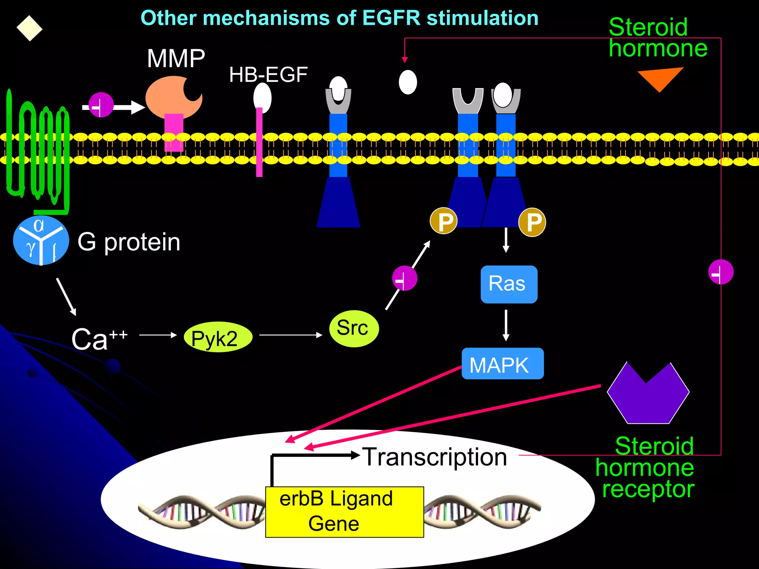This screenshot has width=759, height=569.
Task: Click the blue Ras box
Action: (508, 284)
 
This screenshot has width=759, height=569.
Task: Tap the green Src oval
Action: (354, 329)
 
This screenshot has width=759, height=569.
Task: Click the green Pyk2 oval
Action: (218, 337)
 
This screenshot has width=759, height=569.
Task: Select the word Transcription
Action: (434, 457)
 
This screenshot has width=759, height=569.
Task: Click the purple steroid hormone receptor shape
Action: (648, 395)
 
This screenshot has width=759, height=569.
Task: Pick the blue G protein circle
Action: (41, 240)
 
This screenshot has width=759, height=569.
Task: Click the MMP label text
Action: (176, 59)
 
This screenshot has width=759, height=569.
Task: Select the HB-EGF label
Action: (268, 75)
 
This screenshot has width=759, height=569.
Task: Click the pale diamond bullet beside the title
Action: (29, 29)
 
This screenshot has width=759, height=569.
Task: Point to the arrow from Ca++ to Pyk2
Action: (158, 335)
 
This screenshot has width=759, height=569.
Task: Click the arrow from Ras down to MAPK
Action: (506, 325)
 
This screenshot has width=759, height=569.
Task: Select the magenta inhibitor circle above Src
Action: (405, 278)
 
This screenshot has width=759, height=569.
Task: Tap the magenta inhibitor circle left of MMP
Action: (101, 105)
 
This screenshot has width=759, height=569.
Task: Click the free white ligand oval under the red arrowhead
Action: (408, 82)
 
